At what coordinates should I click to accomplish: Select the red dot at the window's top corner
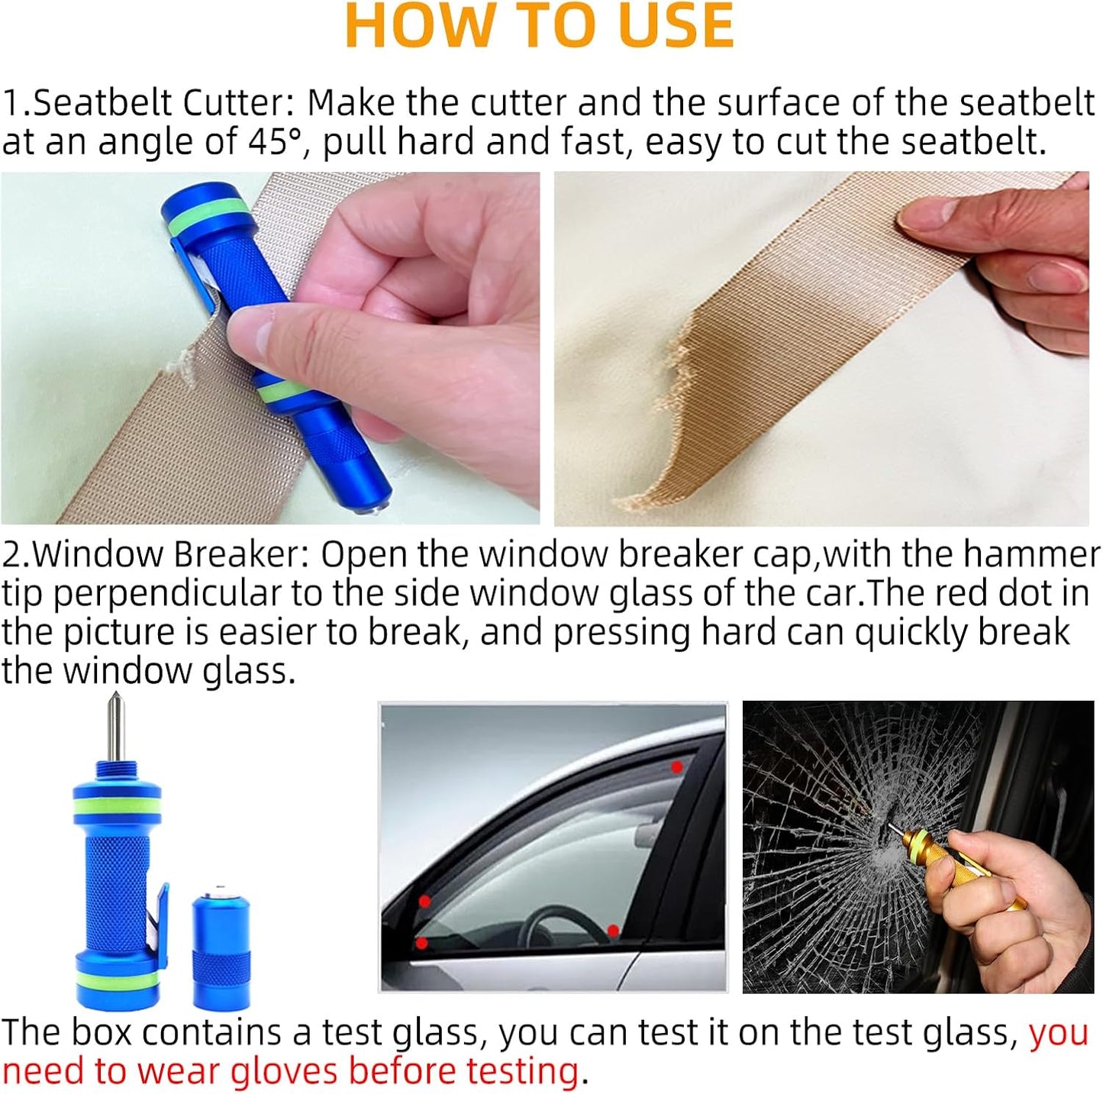[x=676, y=766]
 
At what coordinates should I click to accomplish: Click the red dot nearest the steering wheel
[x=612, y=931]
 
